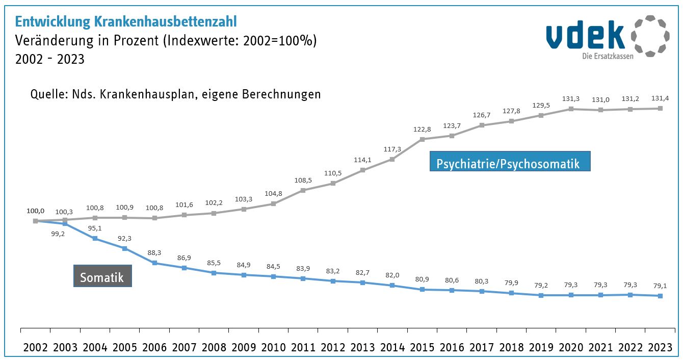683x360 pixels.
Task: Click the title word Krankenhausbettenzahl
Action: pos(166,21)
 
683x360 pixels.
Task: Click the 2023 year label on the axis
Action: pos(661,347)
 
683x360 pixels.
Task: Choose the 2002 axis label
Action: pos(35,347)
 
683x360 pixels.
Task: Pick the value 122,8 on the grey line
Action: pos(423,129)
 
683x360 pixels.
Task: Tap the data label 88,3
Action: pos(154,252)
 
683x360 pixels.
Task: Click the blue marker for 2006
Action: pos(154,263)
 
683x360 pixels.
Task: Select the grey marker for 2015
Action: pos(423,139)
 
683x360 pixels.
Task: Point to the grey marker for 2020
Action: pos(571,109)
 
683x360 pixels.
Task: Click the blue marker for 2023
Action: pos(661,296)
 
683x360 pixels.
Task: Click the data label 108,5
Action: pos(303,180)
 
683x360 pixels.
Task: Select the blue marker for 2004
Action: pos(95,238)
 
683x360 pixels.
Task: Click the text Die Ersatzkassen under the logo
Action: pos(608,56)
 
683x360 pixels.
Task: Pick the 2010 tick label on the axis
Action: pos(274,347)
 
